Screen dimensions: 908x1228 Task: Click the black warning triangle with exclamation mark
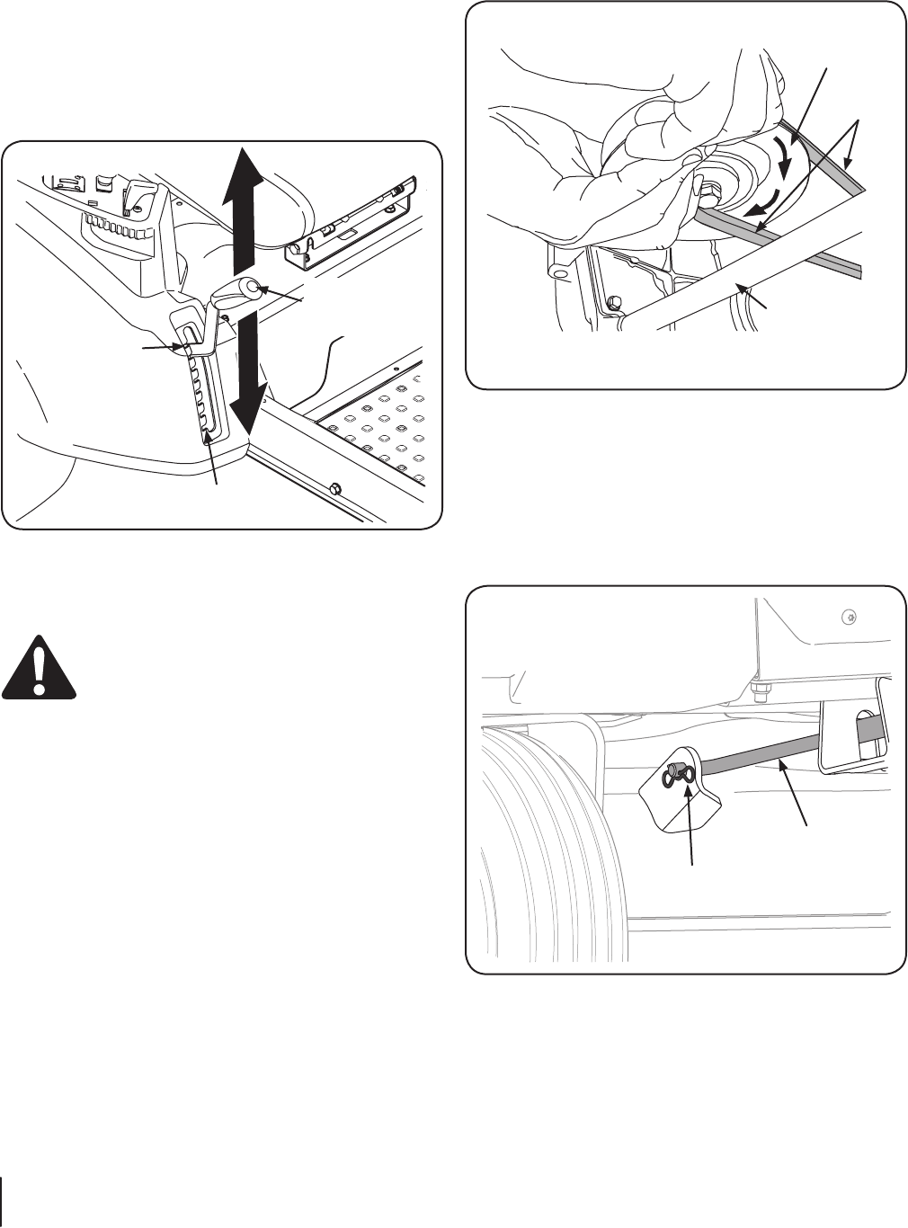pos(39,666)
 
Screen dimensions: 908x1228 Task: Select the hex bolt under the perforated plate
pos(334,488)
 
